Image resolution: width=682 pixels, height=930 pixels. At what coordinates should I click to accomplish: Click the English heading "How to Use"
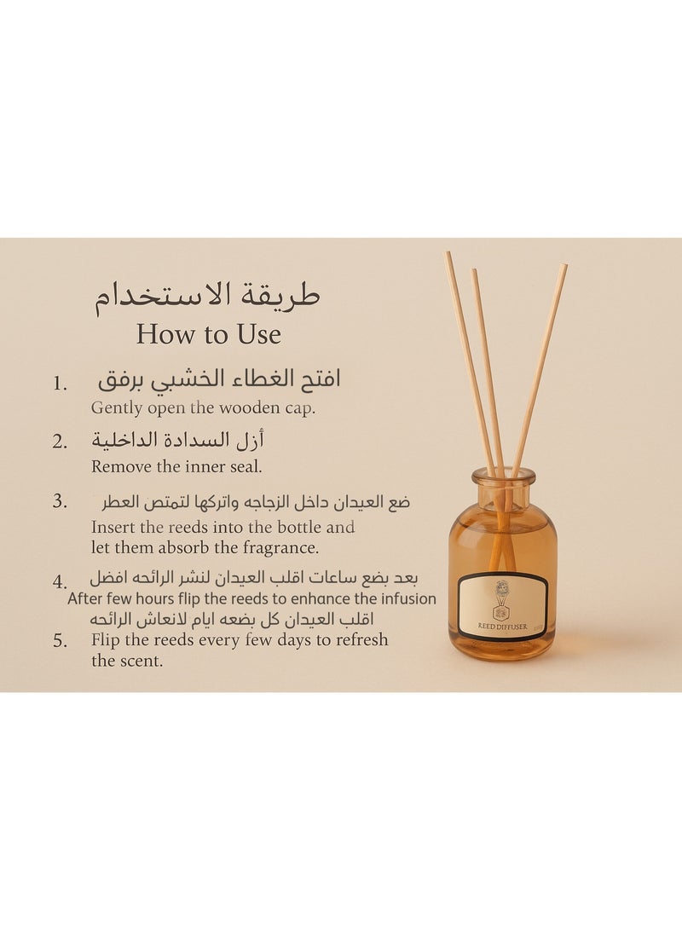tap(208, 334)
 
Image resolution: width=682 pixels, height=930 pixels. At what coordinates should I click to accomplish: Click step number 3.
tap(60, 501)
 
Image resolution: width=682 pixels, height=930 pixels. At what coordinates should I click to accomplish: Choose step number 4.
tap(60, 581)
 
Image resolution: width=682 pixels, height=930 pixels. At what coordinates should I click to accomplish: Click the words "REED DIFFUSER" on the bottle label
tap(503, 627)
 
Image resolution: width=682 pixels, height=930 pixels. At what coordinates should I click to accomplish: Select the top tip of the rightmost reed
tap(564, 267)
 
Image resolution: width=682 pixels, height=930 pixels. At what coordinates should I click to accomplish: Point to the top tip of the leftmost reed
tap(448, 255)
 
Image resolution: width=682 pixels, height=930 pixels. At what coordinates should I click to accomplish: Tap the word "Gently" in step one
tap(116, 408)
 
